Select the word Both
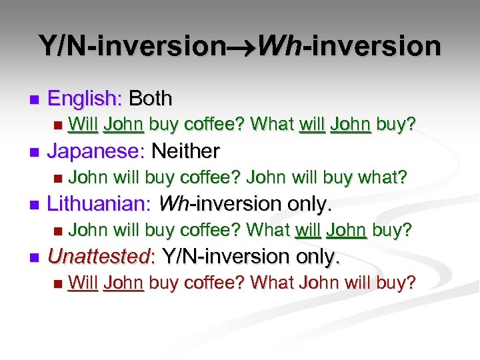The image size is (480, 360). (x=151, y=99)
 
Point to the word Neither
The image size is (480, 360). (x=185, y=151)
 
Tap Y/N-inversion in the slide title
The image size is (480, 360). (x=133, y=46)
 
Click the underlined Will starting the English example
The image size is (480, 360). (x=83, y=125)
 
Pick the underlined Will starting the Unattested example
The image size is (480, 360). (x=83, y=282)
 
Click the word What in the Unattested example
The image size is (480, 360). (x=272, y=282)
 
